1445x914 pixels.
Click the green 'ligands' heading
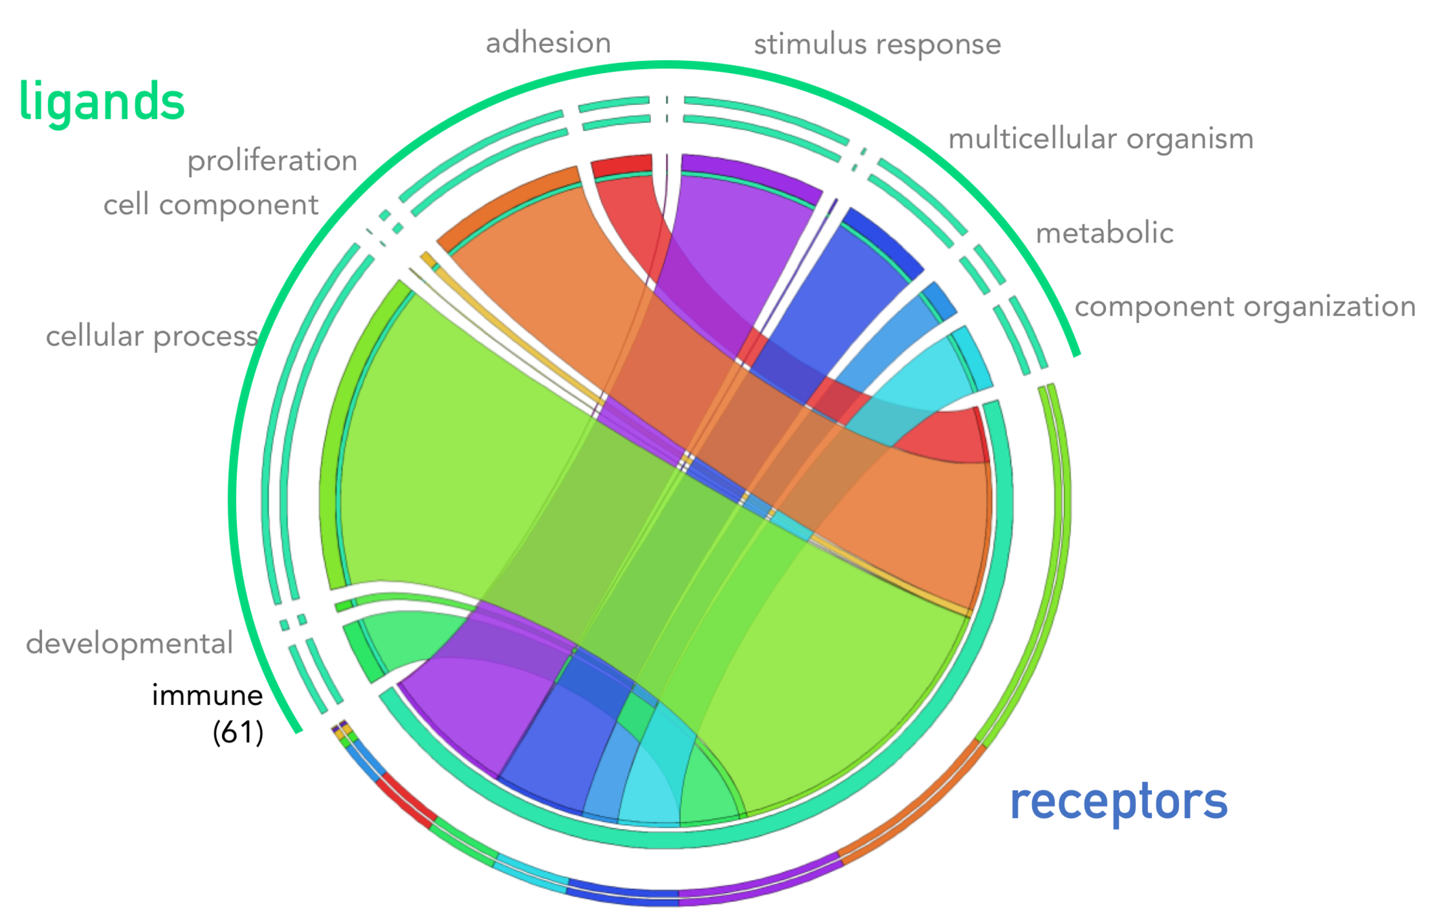[102, 102]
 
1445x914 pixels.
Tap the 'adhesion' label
[548, 43]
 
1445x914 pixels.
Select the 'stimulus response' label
[877, 45]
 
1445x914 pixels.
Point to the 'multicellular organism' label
[1101, 139]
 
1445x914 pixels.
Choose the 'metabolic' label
[1105, 233]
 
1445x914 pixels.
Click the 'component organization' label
[1245, 307]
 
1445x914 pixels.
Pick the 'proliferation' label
[272, 161]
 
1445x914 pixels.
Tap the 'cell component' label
[210, 204]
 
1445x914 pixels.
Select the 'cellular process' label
[152, 336]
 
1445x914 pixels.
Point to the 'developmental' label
[129, 643]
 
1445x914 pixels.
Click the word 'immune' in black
[207, 695]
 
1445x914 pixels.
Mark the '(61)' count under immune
[238, 733]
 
